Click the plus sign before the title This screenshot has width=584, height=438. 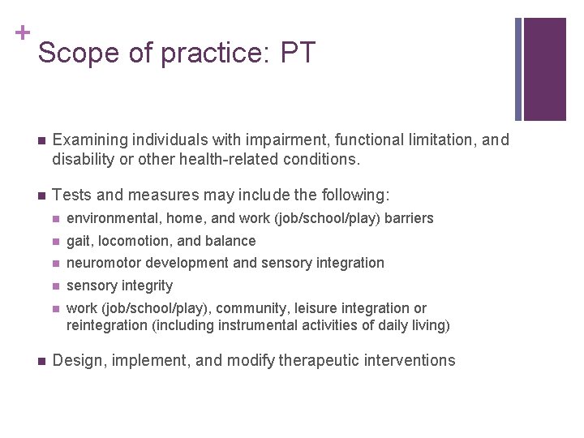21,32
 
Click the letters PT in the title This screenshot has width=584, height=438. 297,53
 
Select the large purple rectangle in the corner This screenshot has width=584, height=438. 544,68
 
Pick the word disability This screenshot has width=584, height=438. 82,159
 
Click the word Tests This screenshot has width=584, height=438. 70,195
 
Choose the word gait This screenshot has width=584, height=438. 79,241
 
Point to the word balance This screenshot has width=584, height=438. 230,241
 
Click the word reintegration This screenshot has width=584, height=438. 105,326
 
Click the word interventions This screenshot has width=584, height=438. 410,361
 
